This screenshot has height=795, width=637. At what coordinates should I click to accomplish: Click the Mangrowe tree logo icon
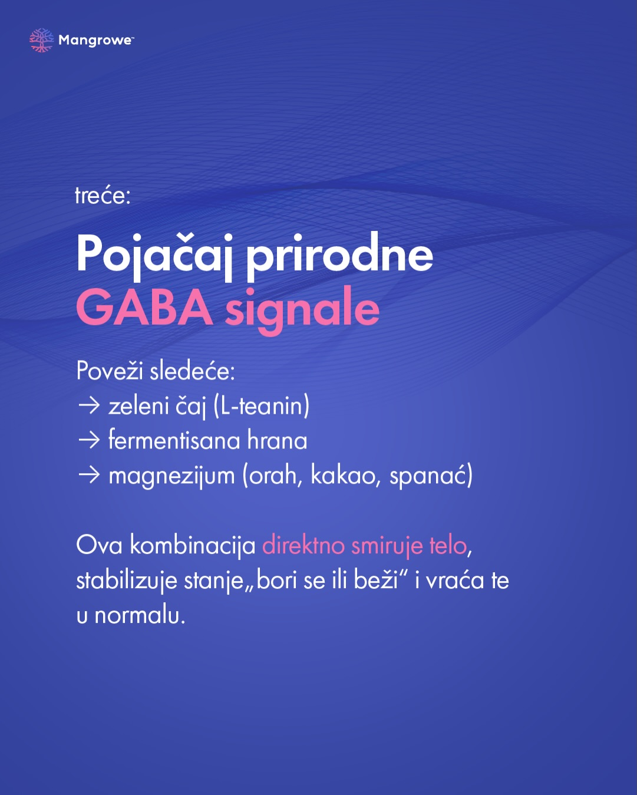(x=41, y=40)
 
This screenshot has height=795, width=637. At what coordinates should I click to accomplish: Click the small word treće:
(x=103, y=196)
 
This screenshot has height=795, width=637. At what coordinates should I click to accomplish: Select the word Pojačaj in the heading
(x=155, y=255)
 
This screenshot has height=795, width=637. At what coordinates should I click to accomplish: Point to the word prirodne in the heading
(x=340, y=255)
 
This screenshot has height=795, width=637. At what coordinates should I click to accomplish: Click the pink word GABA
(x=145, y=308)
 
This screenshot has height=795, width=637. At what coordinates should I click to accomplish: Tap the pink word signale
(x=302, y=311)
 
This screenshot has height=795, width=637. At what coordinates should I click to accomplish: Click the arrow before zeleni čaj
(x=89, y=405)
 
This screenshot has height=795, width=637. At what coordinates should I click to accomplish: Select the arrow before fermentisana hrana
(x=89, y=440)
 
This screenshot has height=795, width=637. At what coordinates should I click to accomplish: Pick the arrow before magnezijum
(x=89, y=475)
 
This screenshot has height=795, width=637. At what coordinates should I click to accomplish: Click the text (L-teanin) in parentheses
(x=261, y=407)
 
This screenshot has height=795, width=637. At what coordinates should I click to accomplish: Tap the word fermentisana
(x=174, y=440)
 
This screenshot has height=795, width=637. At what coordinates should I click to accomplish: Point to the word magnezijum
(x=171, y=477)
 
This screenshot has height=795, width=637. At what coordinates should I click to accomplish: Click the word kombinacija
(x=193, y=546)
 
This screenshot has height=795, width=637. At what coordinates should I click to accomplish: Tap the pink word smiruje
(x=387, y=546)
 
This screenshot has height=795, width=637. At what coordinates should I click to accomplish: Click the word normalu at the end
(x=140, y=616)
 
